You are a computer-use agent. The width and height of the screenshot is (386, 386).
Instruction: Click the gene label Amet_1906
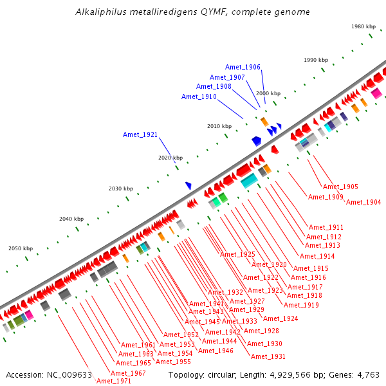243,68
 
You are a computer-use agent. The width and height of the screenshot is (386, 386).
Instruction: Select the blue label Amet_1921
140,134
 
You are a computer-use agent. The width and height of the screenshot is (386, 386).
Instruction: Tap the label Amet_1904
363,203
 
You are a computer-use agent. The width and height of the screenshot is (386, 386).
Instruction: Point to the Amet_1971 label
113,381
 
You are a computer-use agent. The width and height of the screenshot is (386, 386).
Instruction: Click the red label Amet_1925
237,255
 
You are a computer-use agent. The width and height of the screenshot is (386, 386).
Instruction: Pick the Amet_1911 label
326,228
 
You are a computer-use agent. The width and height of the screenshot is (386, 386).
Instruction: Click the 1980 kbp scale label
363,26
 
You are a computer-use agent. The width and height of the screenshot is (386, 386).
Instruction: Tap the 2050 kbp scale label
21,248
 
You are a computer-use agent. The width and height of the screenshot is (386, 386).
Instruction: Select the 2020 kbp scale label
170,158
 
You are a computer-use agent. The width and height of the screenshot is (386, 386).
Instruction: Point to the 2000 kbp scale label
268,94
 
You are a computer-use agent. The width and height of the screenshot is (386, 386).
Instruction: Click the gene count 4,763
368,374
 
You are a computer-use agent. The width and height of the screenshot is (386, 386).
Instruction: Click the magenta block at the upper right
376,93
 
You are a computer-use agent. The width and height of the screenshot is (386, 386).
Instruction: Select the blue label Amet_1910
199,97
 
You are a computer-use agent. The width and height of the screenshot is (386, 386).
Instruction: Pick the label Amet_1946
216,351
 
